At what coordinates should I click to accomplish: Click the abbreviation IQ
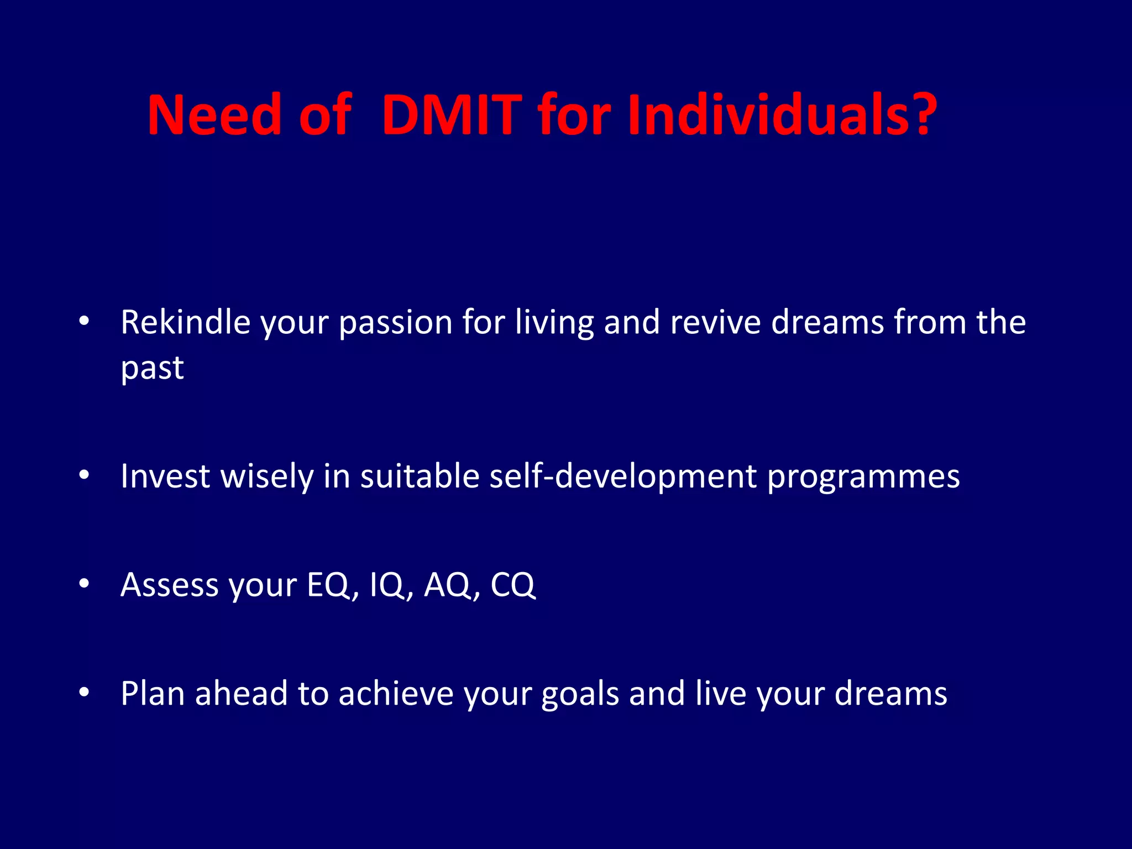[387, 584]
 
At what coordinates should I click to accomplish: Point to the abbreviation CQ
[512, 584]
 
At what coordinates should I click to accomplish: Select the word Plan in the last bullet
[153, 693]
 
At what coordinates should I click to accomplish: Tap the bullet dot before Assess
[84, 583]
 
